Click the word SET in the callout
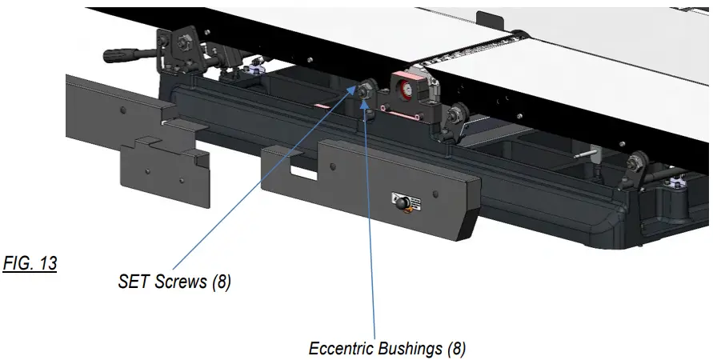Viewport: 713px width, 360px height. click(x=133, y=282)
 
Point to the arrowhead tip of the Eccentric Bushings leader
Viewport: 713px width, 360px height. click(x=367, y=102)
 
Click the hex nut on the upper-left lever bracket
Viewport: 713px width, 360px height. click(x=182, y=38)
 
